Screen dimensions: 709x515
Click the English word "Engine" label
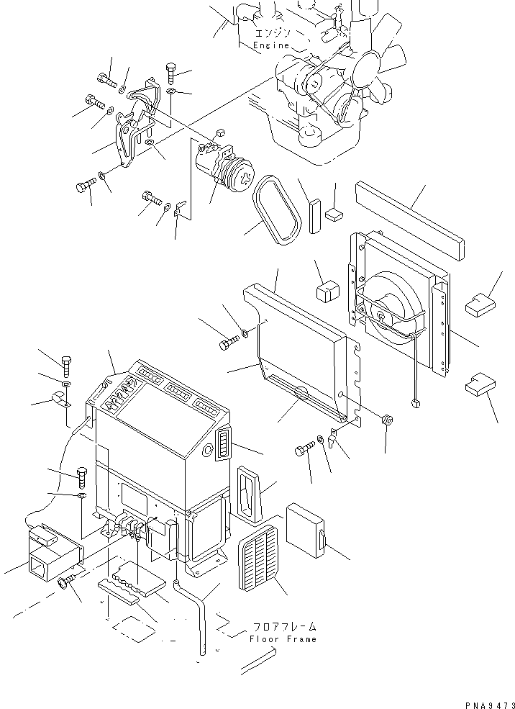click(x=271, y=45)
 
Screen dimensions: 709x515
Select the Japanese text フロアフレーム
click(x=284, y=627)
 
